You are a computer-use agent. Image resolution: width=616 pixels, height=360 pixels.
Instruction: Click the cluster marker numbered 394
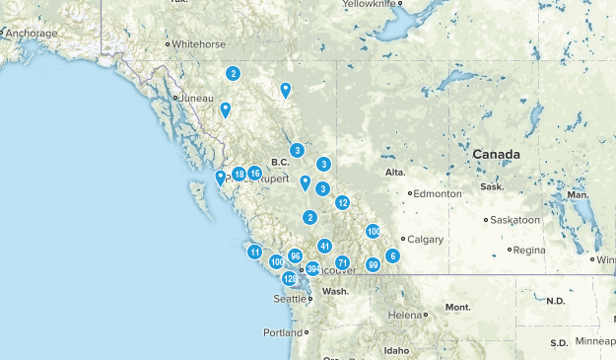coord(313,268)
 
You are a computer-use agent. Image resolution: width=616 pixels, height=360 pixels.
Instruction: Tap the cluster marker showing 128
coord(290,279)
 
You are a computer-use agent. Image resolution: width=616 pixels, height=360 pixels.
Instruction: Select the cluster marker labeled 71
coord(343,262)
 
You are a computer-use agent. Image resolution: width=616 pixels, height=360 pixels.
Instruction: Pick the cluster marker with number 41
coord(324,246)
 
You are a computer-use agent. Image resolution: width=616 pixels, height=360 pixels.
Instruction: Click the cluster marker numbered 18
coord(239,175)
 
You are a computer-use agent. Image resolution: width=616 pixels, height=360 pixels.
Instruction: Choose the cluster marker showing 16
coord(254,173)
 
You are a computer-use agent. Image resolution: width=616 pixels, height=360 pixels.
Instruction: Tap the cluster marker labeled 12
coord(342,202)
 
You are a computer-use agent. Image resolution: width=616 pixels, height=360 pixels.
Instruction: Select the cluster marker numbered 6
coord(392,255)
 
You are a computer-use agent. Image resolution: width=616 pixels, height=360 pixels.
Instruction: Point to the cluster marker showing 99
coord(373,264)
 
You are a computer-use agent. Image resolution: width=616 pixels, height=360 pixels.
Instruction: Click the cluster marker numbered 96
coord(295,255)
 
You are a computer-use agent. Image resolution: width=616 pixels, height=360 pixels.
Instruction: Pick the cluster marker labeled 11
coord(254,252)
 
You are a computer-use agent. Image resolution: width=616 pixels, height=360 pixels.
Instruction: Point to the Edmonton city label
coord(439,194)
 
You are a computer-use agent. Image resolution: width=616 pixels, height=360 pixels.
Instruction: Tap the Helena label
coord(405,315)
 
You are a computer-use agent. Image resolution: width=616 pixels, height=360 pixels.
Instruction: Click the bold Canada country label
coord(496,155)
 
